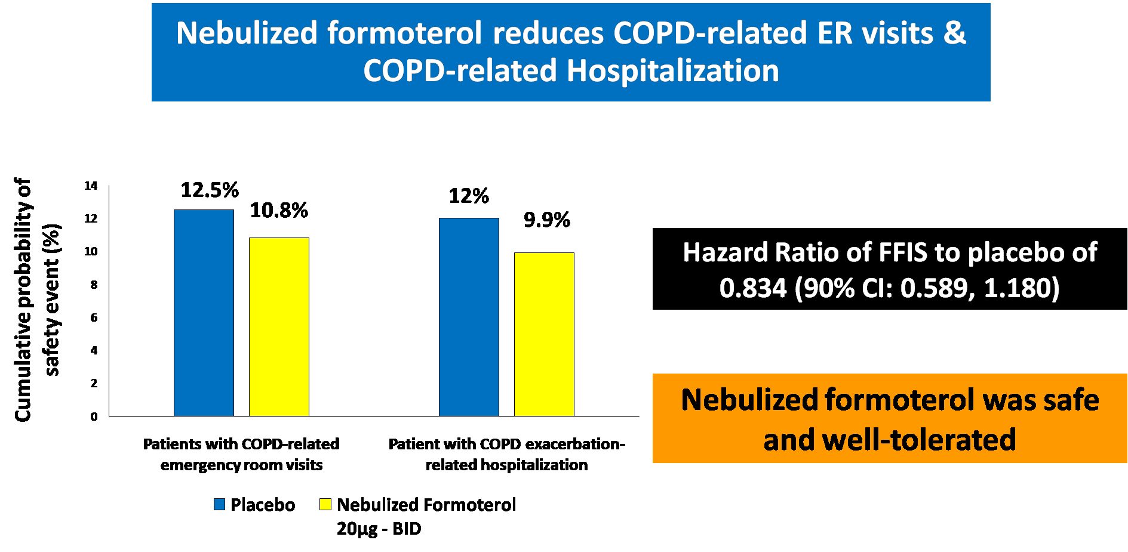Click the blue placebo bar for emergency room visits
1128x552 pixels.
coord(204,313)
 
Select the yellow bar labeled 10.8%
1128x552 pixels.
coord(279,327)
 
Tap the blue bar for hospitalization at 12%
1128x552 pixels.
coord(469,317)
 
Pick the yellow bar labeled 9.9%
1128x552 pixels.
coord(544,334)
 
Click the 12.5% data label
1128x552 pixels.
coord(210,190)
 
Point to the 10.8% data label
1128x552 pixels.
coord(279,211)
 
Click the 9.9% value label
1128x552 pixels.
coord(546,220)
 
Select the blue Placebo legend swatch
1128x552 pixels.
coord(220,504)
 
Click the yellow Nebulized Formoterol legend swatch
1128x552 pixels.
coord(325,504)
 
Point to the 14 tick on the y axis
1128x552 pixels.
coord(91,186)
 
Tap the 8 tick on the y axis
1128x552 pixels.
coord(94,285)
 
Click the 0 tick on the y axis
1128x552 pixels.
coord(94,417)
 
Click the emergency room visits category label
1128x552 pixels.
coord(241,454)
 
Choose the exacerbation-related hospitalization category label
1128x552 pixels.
coord(506,454)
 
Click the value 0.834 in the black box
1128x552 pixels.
coord(753,288)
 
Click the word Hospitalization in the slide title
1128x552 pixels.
coord(672,71)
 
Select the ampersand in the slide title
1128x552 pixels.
coord(955,33)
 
